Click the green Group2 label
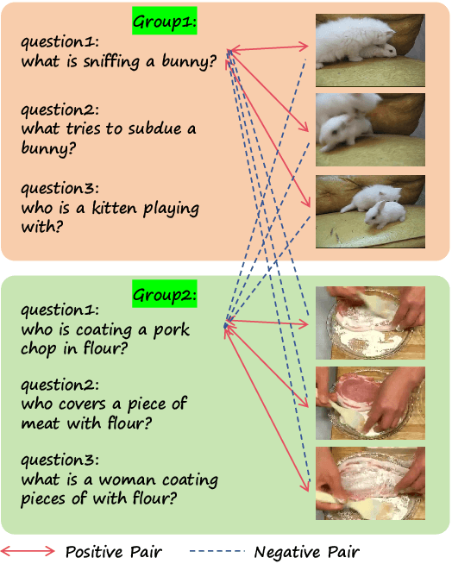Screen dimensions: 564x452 (164, 295)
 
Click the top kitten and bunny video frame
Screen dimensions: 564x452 (369, 49)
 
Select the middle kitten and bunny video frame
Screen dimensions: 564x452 (369, 128)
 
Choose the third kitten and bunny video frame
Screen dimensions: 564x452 (369, 210)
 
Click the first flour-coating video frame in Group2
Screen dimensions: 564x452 (369, 323)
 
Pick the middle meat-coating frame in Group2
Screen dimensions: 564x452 (369, 402)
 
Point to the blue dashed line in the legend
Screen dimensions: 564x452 (217, 551)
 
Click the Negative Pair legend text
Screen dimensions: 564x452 (306, 551)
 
